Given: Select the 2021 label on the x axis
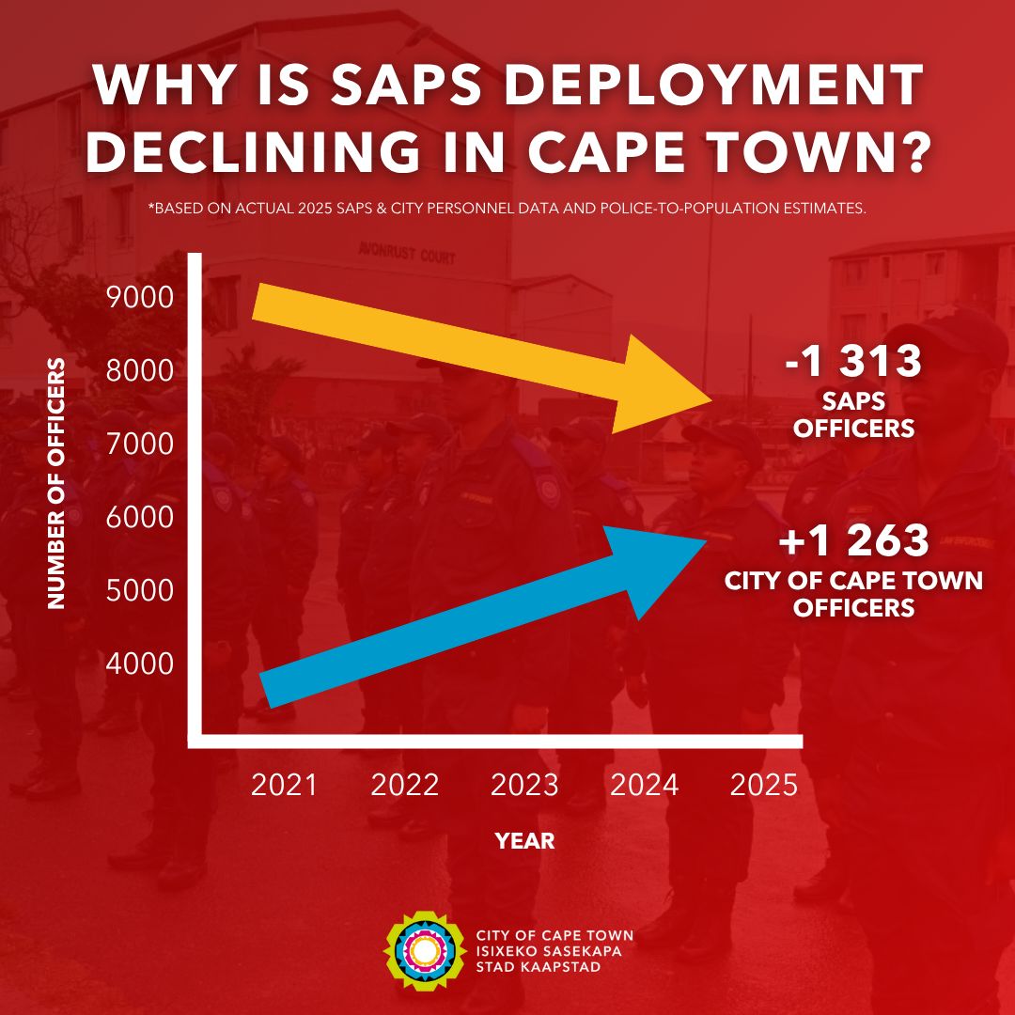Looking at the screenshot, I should point(285,785).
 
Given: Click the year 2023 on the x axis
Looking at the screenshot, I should point(524,785).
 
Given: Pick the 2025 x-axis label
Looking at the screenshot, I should point(763,785).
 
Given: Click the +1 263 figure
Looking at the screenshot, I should point(853,542).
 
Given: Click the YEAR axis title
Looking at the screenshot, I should point(524,841).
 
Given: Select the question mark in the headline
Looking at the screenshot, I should point(909,151).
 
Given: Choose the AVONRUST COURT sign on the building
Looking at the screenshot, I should point(406,252).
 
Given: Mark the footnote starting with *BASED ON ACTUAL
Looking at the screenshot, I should point(507,209).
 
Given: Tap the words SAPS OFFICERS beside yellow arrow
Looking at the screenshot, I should point(853,414).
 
